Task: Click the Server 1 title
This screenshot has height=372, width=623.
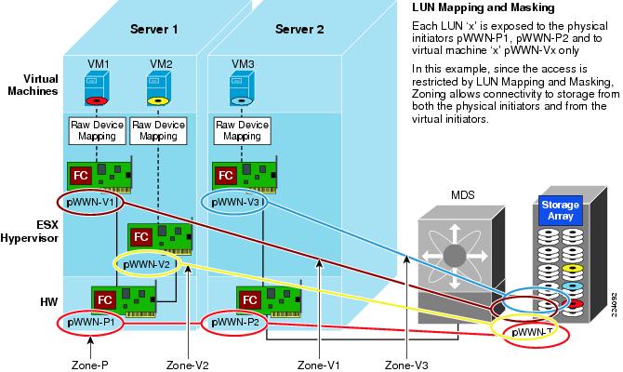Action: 153,29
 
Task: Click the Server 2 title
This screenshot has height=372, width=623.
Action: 299,29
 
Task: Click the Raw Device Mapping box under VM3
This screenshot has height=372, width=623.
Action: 241,129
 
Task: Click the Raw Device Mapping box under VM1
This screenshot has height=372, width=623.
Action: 97,129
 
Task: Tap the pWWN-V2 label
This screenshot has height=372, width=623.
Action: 150,264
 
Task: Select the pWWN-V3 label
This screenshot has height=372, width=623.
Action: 238,201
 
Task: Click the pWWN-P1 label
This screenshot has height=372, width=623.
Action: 91,324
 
